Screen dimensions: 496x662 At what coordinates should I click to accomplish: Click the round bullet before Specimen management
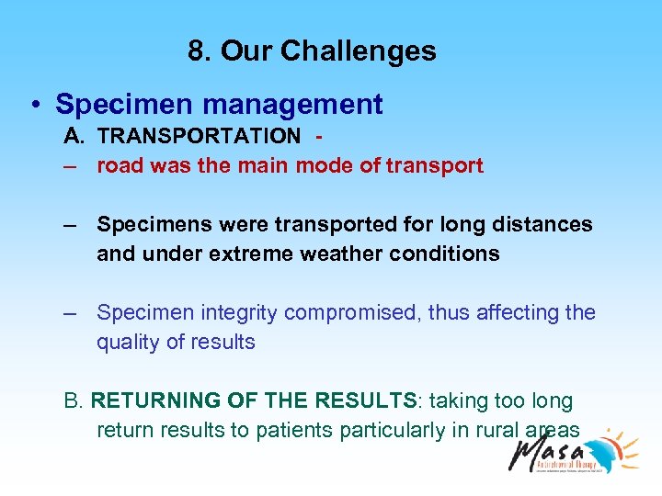click(x=33, y=106)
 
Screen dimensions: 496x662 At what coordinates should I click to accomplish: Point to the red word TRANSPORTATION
click(x=199, y=136)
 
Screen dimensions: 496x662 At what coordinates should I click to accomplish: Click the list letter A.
click(x=73, y=136)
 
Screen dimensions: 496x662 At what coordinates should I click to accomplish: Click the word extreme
click(x=236, y=254)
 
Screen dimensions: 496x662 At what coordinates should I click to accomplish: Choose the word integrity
click(x=234, y=313)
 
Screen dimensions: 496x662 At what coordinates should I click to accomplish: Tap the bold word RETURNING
click(x=152, y=401)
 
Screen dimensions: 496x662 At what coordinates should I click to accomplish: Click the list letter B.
click(x=72, y=401)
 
